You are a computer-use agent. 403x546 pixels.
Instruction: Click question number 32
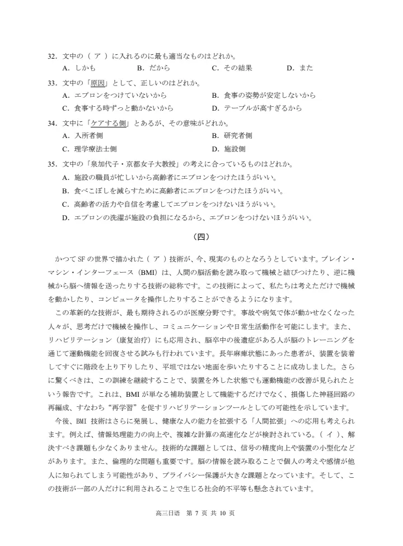pos(53,56)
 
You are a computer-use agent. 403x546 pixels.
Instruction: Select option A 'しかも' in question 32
pos(79,68)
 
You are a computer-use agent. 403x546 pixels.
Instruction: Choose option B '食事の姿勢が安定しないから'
pos(263,96)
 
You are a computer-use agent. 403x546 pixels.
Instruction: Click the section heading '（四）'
pos(201,236)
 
